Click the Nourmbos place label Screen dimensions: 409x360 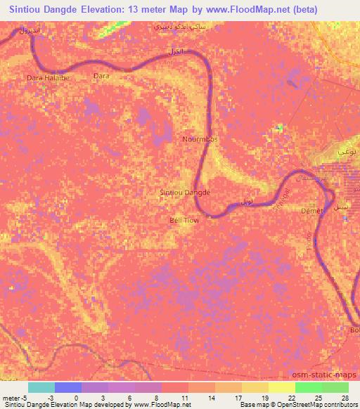(200, 139)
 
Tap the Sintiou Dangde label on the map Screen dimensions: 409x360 (186, 192)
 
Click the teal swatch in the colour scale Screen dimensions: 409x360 (41, 387)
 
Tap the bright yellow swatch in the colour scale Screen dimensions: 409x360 (282, 387)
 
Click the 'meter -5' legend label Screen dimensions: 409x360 (15, 398)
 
